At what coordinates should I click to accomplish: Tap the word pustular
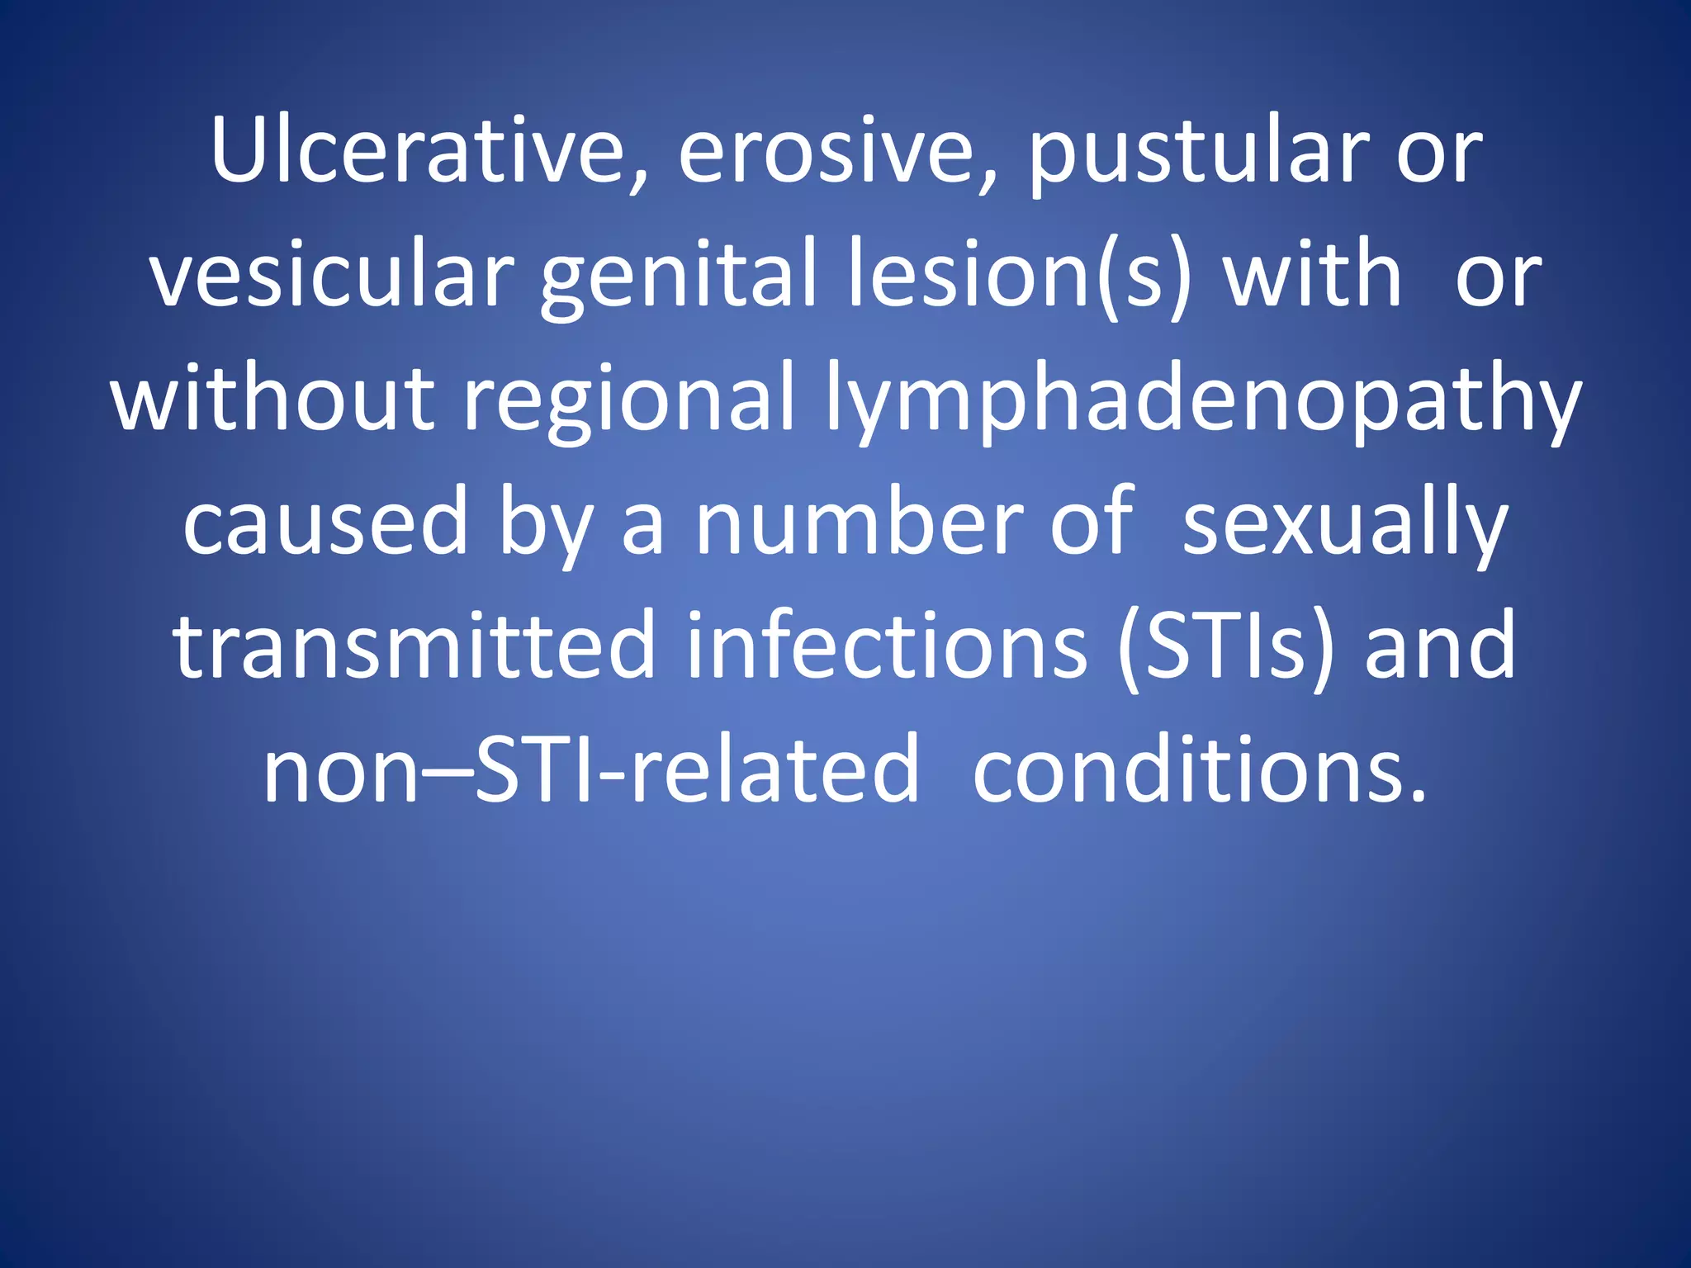point(1198,157)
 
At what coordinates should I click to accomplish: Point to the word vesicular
point(331,274)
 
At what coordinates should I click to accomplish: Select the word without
point(273,398)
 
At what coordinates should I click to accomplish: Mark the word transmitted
point(414,646)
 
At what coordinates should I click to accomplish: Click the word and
point(1440,647)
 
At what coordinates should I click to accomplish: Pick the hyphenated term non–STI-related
point(590,769)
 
